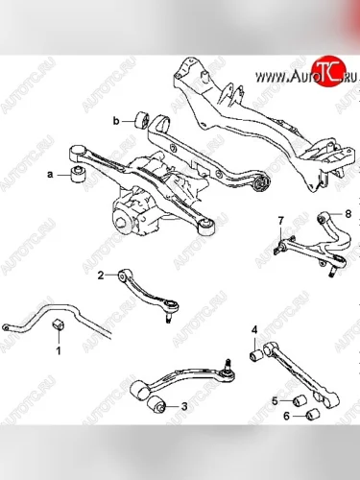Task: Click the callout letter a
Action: (x=50, y=175)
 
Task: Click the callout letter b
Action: (x=116, y=121)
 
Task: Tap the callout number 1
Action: (x=59, y=350)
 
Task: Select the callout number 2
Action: (x=101, y=276)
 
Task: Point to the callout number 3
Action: (x=184, y=406)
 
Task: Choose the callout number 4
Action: (x=254, y=330)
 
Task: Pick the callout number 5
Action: (x=276, y=400)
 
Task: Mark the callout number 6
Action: (x=286, y=416)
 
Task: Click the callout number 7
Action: (x=280, y=221)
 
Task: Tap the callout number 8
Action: (x=348, y=213)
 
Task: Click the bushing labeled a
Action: (x=77, y=174)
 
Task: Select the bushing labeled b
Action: (x=142, y=121)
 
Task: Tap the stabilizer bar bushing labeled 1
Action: (x=59, y=324)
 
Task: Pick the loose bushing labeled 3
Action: (x=157, y=404)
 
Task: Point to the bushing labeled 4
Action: (x=255, y=356)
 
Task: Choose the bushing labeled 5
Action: (x=300, y=400)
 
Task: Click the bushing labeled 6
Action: (x=313, y=415)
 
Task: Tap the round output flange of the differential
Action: (x=122, y=220)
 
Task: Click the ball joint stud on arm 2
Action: (x=168, y=319)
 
